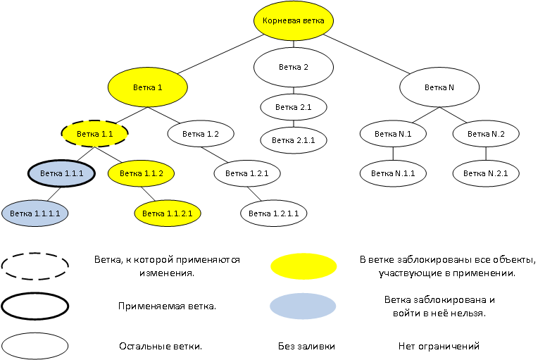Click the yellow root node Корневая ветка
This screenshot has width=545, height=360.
coord(293,21)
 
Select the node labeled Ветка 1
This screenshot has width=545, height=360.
coord(148,88)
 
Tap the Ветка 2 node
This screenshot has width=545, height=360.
coord(293,68)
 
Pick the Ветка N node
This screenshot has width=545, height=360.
coord(440,88)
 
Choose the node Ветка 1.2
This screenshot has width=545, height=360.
coord(201,132)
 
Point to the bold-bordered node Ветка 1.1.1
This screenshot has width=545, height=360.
coord(61,173)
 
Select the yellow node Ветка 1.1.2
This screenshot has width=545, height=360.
coord(141,173)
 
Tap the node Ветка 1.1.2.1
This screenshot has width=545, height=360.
coord(168,212)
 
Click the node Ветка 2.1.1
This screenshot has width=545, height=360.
coord(293,139)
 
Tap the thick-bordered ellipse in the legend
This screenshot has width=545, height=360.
coord(35,306)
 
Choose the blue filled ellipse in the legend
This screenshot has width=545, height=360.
coord(303,306)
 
